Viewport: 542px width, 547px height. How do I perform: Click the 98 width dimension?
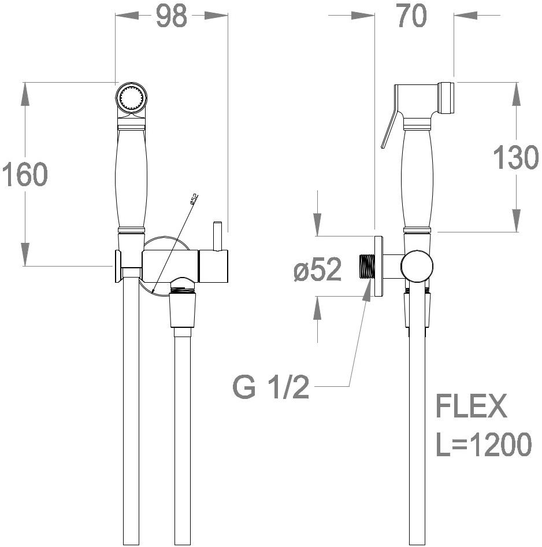click(171, 16)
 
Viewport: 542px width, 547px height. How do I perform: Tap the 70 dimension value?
click(411, 16)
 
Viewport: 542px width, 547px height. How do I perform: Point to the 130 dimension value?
click(516, 158)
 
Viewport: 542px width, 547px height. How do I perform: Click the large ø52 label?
click(318, 269)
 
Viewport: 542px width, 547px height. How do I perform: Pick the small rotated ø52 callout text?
click(194, 199)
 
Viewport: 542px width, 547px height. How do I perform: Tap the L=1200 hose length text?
click(484, 444)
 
